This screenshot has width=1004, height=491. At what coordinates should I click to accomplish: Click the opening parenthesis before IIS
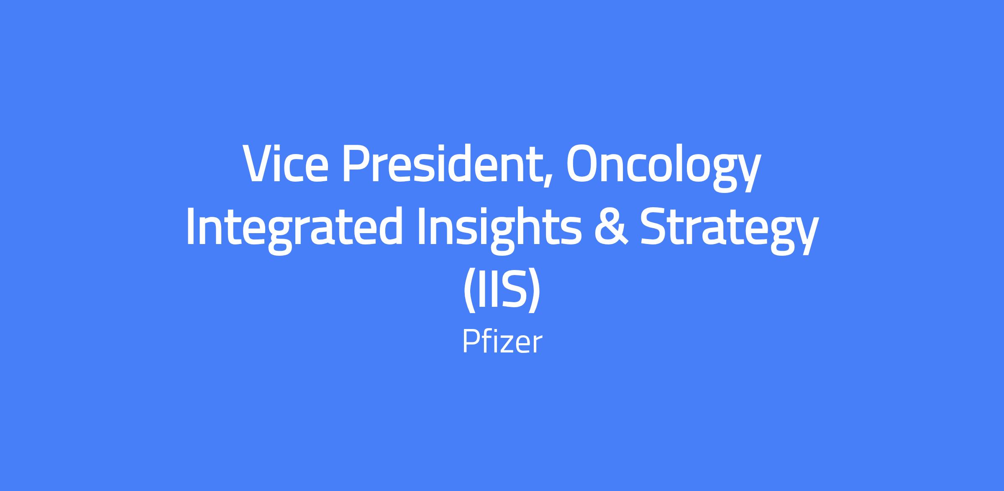470,292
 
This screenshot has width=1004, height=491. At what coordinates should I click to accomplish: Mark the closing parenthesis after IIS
534,292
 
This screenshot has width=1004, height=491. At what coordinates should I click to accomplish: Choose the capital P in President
357,164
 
